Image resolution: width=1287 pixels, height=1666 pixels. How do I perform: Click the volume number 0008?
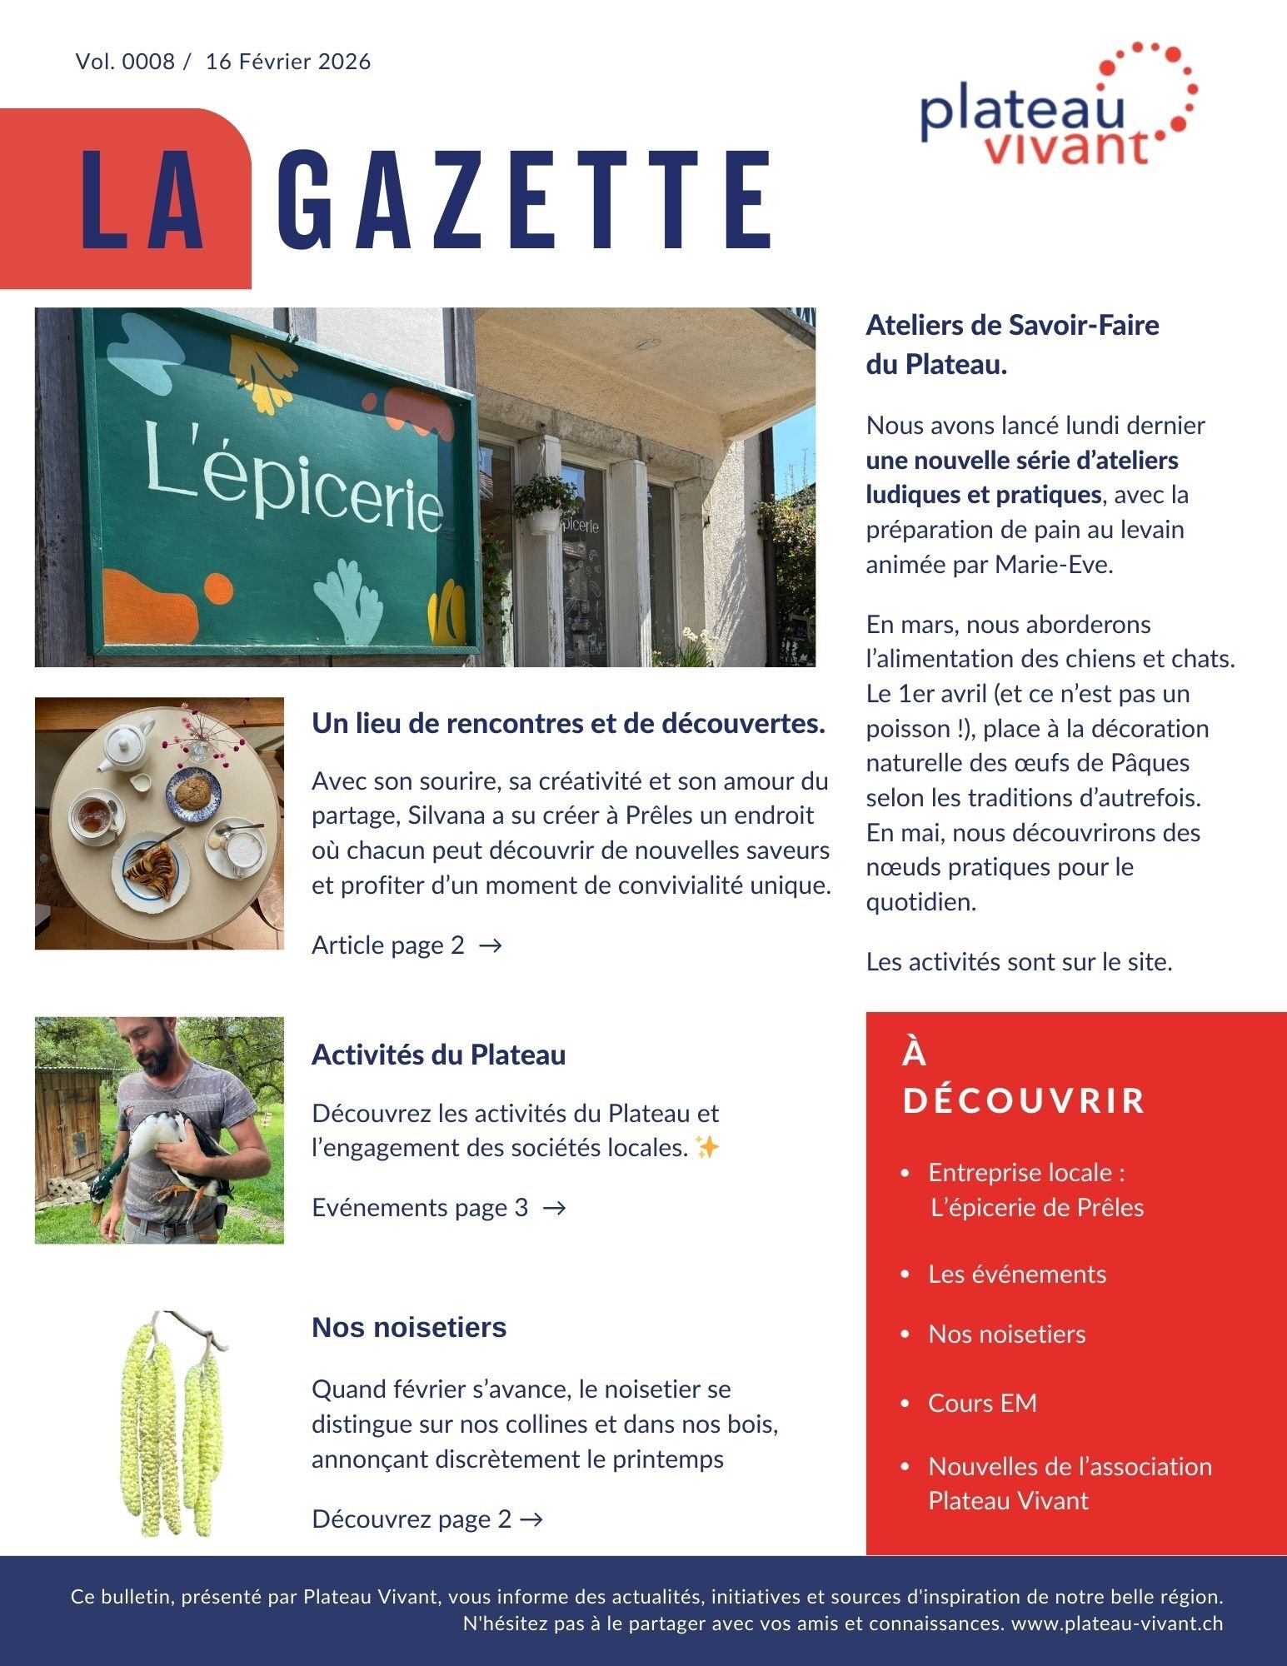148,62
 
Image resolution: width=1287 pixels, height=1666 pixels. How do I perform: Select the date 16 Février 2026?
288,62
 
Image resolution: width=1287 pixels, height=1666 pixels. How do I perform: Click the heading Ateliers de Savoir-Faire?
1012,325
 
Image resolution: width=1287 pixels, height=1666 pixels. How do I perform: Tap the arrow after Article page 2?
491,945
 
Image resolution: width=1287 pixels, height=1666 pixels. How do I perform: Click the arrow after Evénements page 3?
554,1208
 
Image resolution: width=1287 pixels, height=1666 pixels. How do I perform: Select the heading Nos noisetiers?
408,1327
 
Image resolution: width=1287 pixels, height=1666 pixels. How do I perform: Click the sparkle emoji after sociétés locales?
706,1148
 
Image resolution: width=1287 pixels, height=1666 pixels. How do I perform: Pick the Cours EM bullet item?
982,1403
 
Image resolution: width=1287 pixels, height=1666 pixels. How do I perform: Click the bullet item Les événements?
1016,1274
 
